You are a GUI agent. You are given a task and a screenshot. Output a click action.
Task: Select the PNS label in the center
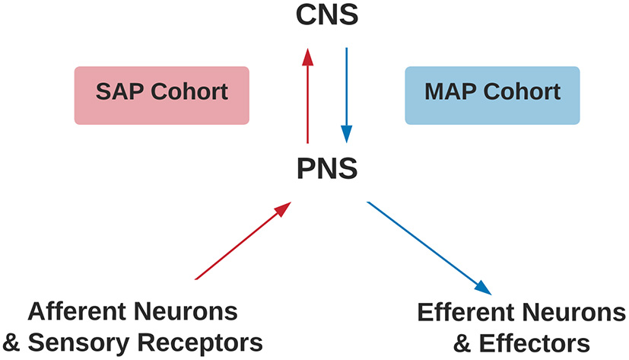click(x=326, y=167)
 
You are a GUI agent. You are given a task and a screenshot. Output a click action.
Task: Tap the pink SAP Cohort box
click(x=161, y=94)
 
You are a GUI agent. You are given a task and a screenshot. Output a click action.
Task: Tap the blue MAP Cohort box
click(x=492, y=94)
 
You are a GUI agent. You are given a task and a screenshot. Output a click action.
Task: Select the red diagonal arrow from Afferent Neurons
click(x=243, y=241)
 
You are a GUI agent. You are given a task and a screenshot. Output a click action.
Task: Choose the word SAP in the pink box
click(x=119, y=93)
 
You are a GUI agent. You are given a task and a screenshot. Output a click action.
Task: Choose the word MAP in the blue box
click(x=451, y=93)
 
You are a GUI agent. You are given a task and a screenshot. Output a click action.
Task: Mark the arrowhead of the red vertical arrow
click(x=307, y=57)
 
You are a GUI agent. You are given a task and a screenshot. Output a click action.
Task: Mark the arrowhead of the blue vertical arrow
click(x=347, y=134)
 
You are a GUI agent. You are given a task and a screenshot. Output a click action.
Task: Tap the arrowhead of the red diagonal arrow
click(x=283, y=207)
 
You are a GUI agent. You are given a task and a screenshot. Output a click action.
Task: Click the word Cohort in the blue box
click(x=523, y=93)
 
